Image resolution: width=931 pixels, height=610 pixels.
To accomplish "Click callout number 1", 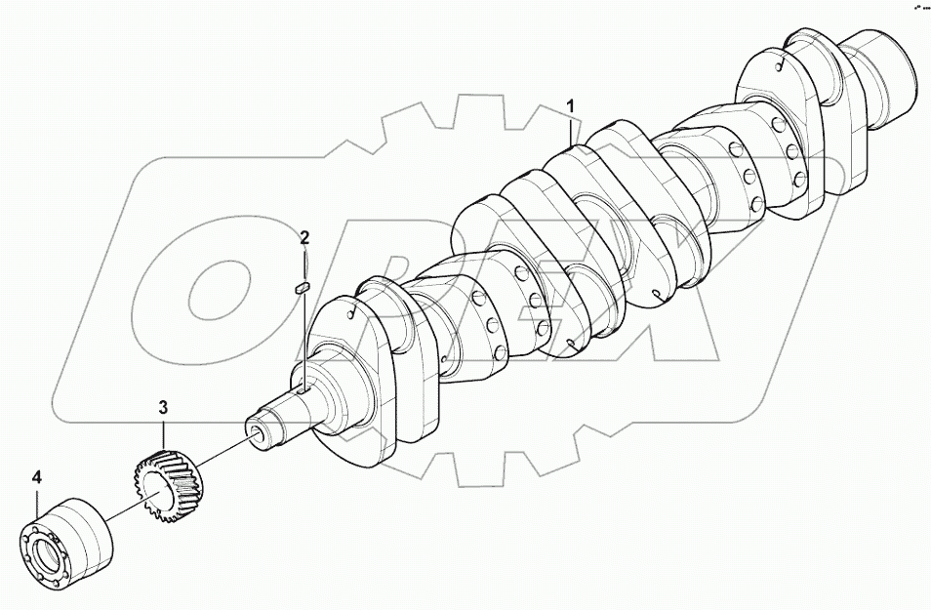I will [573, 105].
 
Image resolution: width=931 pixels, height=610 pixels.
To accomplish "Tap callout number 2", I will [304, 237].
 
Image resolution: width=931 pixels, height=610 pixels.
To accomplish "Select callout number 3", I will [164, 405].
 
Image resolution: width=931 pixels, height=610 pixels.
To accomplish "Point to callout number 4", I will [37, 477].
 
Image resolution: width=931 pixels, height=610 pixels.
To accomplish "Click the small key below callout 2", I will [303, 287].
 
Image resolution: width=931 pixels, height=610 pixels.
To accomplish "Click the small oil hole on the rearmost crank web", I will [781, 67].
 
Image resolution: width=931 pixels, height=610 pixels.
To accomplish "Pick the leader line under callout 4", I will [37, 503].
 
